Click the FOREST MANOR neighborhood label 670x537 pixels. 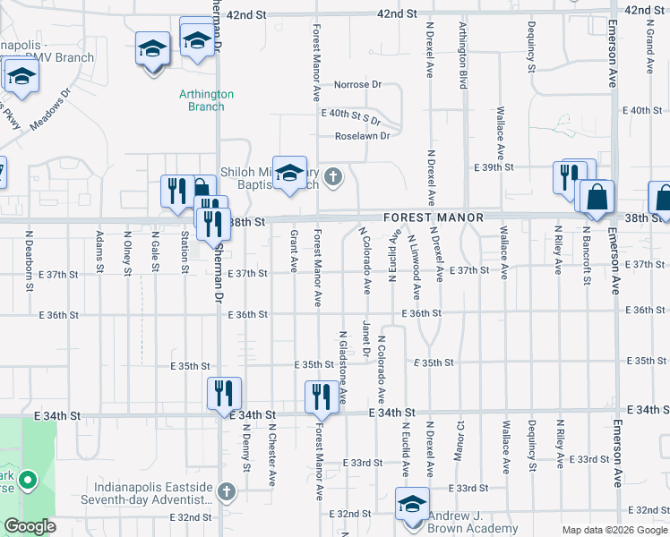click(434, 217)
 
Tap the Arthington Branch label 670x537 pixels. click(206, 99)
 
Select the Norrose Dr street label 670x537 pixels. click(357, 85)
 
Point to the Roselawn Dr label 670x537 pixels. click(362, 136)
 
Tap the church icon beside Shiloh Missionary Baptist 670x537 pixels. click(333, 175)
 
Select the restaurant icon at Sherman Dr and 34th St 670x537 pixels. click(224, 392)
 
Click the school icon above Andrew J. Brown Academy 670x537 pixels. click(413, 503)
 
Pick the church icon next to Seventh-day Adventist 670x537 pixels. click(227, 491)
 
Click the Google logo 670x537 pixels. click(30, 526)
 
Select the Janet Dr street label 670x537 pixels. click(365, 337)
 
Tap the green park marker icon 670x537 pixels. click(27, 482)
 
